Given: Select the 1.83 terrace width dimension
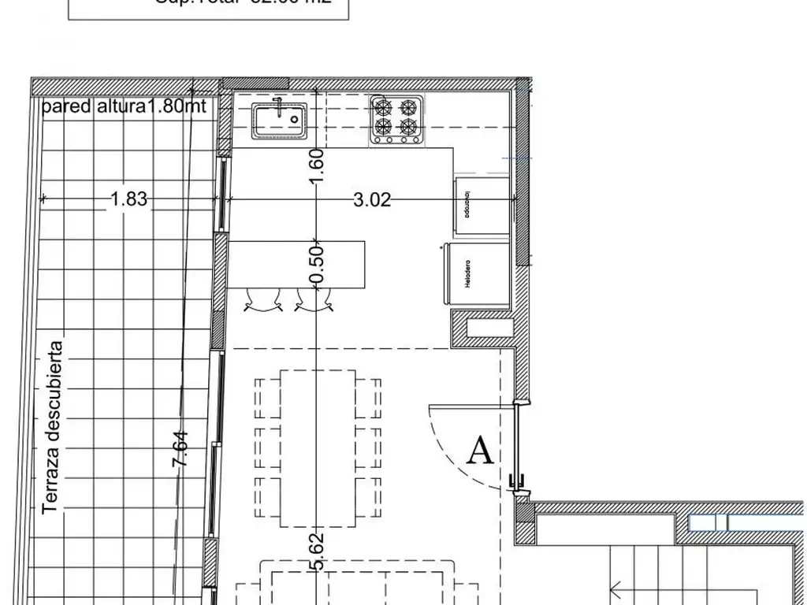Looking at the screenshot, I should tap(128, 199).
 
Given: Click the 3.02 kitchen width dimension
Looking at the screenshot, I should tap(372, 200).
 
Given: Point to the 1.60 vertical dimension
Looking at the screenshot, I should tap(317, 166).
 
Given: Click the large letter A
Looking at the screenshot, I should tap(481, 451).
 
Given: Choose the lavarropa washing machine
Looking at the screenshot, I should tap(481, 206).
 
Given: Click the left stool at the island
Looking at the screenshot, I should tap(264, 301).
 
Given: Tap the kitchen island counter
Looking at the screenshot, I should tap(297, 264).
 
